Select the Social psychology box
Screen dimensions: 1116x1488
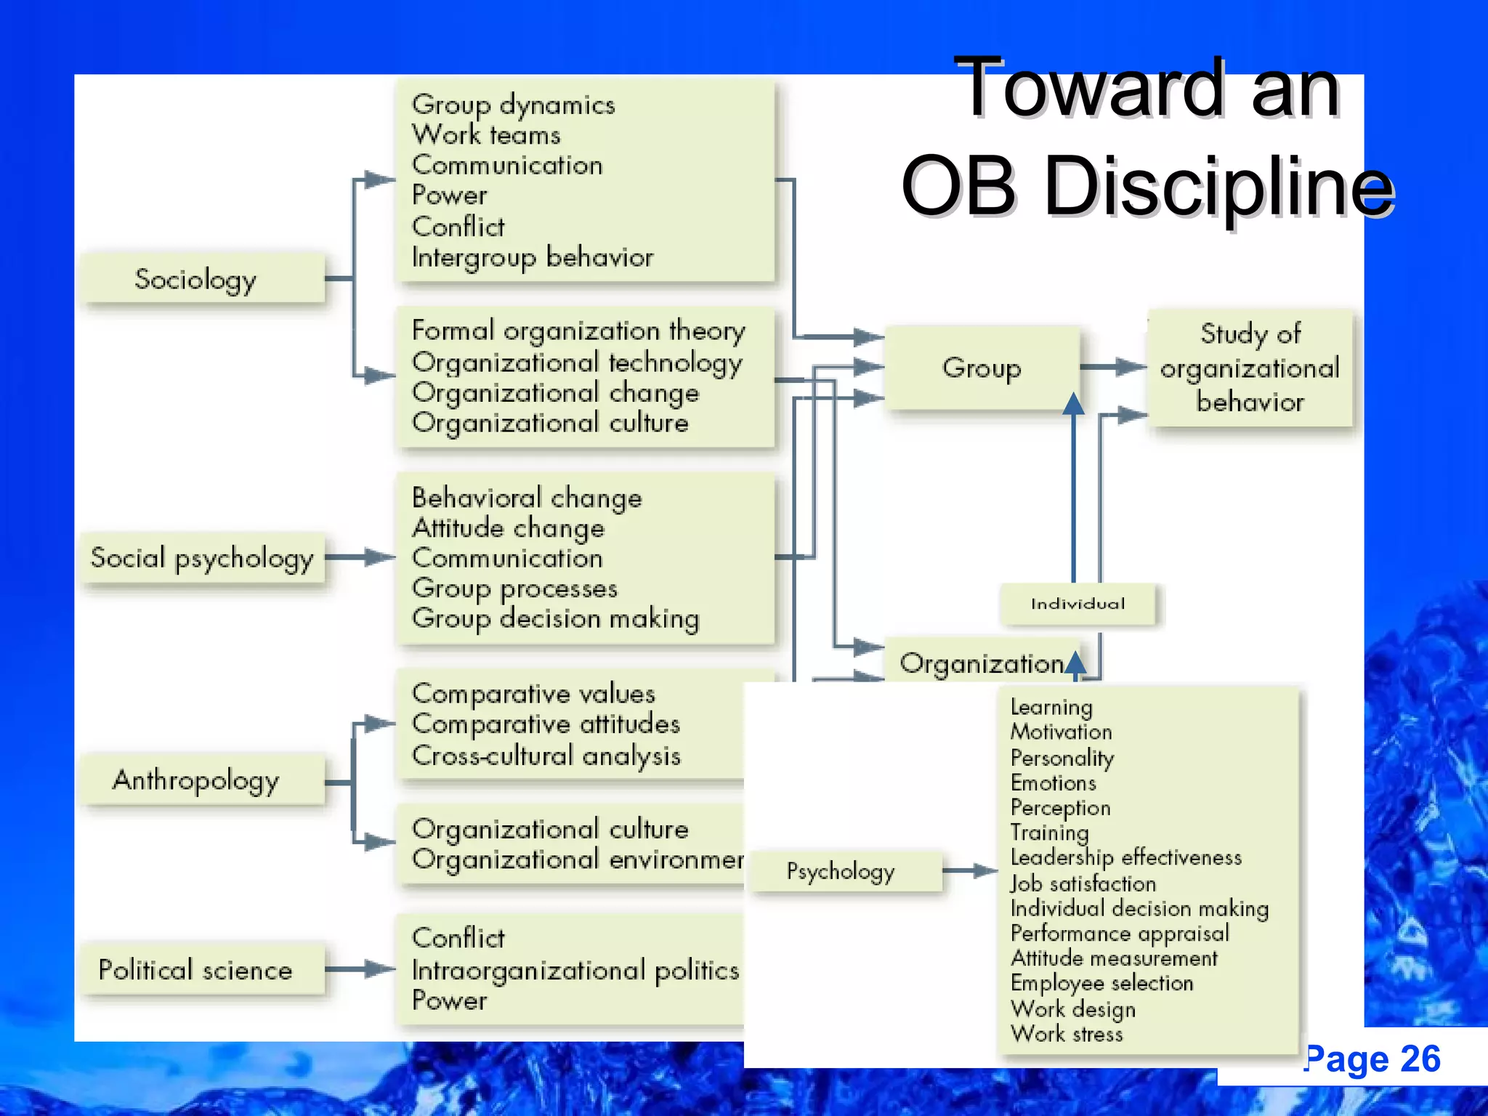click(x=202, y=558)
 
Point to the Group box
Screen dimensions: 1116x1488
click(x=982, y=368)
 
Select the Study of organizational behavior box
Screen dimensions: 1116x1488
click(x=1250, y=368)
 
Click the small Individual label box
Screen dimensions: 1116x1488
click(x=1077, y=604)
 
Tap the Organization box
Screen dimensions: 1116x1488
click(x=981, y=662)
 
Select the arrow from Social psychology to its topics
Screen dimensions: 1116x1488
click(x=360, y=558)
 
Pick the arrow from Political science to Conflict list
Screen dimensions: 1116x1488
click(x=360, y=969)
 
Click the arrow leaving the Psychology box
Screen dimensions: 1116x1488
click(x=971, y=870)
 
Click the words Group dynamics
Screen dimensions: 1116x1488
click(x=513, y=105)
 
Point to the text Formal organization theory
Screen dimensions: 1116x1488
click(x=578, y=331)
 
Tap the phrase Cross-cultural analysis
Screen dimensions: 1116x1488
click(x=546, y=756)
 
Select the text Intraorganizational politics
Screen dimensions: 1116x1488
click(x=575, y=970)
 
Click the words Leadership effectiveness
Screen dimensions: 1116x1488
click(x=1125, y=858)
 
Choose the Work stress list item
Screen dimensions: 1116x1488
click(x=1067, y=1034)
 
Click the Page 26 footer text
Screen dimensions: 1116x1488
click(x=1372, y=1059)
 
